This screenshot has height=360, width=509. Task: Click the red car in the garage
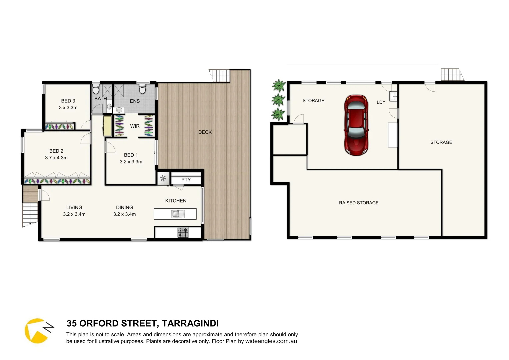coord(356,125)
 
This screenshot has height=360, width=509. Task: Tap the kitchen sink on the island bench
coord(177,214)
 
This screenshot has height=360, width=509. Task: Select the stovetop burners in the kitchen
coord(183,232)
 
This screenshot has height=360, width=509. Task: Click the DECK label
coord(205,132)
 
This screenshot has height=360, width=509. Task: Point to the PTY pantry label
coord(186,180)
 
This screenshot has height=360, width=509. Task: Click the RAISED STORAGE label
coord(359,203)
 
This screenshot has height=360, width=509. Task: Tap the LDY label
coord(381,102)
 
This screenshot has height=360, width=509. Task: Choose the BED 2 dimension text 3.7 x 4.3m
coord(56,158)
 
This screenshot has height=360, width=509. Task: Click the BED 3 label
coord(68,101)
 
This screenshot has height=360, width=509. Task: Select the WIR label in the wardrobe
coord(135,126)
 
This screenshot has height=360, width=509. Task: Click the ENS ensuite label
coord(135,101)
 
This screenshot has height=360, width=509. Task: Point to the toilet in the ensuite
coord(142,89)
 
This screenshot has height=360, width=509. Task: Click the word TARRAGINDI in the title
coord(190,323)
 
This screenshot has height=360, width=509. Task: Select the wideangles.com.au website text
coord(271,341)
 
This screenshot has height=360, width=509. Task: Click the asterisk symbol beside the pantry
coord(163,178)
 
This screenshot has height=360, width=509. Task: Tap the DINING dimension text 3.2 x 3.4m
coord(124,214)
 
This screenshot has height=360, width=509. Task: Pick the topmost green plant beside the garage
coord(279,86)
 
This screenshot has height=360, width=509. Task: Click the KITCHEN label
coord(176,201)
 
